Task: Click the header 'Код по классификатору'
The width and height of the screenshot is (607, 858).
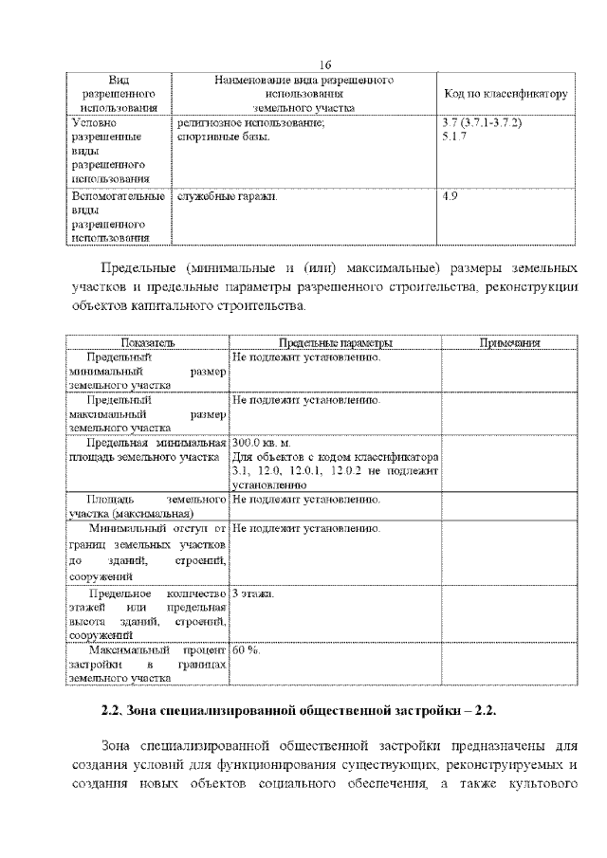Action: (506, 95)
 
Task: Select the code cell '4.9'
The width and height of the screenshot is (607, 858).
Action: (451, 196)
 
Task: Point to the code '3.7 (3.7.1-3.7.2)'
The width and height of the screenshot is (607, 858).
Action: (482, 123)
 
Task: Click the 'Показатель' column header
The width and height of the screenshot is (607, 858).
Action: (147, 342)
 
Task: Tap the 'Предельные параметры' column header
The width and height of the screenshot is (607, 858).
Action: (336, 342)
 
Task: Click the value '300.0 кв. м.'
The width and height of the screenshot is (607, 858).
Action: (261, 443)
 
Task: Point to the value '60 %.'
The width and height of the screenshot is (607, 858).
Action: (246, 651)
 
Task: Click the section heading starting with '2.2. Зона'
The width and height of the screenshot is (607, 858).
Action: (299, 710)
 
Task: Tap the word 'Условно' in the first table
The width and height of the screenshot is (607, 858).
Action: (94, 123)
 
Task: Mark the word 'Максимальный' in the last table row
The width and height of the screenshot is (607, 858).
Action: (128, 651)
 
